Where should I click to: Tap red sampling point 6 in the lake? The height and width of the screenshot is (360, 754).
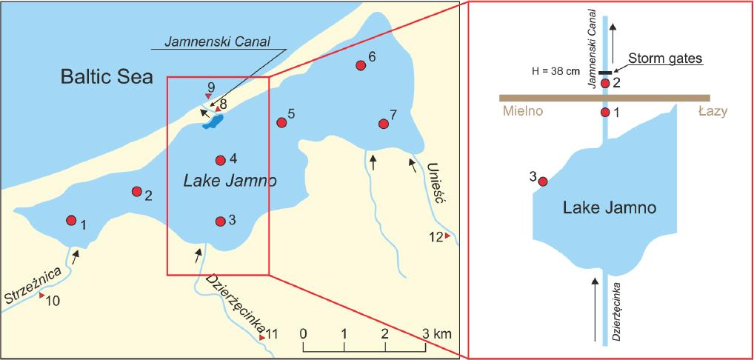coord(361,65)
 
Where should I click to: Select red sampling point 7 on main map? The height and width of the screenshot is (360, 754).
coord(383,124)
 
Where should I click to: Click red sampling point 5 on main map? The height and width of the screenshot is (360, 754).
coord(281,122)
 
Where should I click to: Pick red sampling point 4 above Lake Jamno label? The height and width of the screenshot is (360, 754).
coord(220,160)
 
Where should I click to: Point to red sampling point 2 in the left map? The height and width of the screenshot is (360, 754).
coord(136,191)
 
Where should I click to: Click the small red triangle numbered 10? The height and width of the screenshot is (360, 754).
coord(42,296)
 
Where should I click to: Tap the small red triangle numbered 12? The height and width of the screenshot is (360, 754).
coord(447,236)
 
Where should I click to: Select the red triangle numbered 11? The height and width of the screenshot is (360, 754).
coord(262,338)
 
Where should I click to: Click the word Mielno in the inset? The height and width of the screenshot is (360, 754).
coord(521,112)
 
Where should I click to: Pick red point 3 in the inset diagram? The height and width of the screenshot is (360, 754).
coord(542,181)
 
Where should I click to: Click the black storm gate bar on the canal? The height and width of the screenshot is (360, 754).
coord(606,73)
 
